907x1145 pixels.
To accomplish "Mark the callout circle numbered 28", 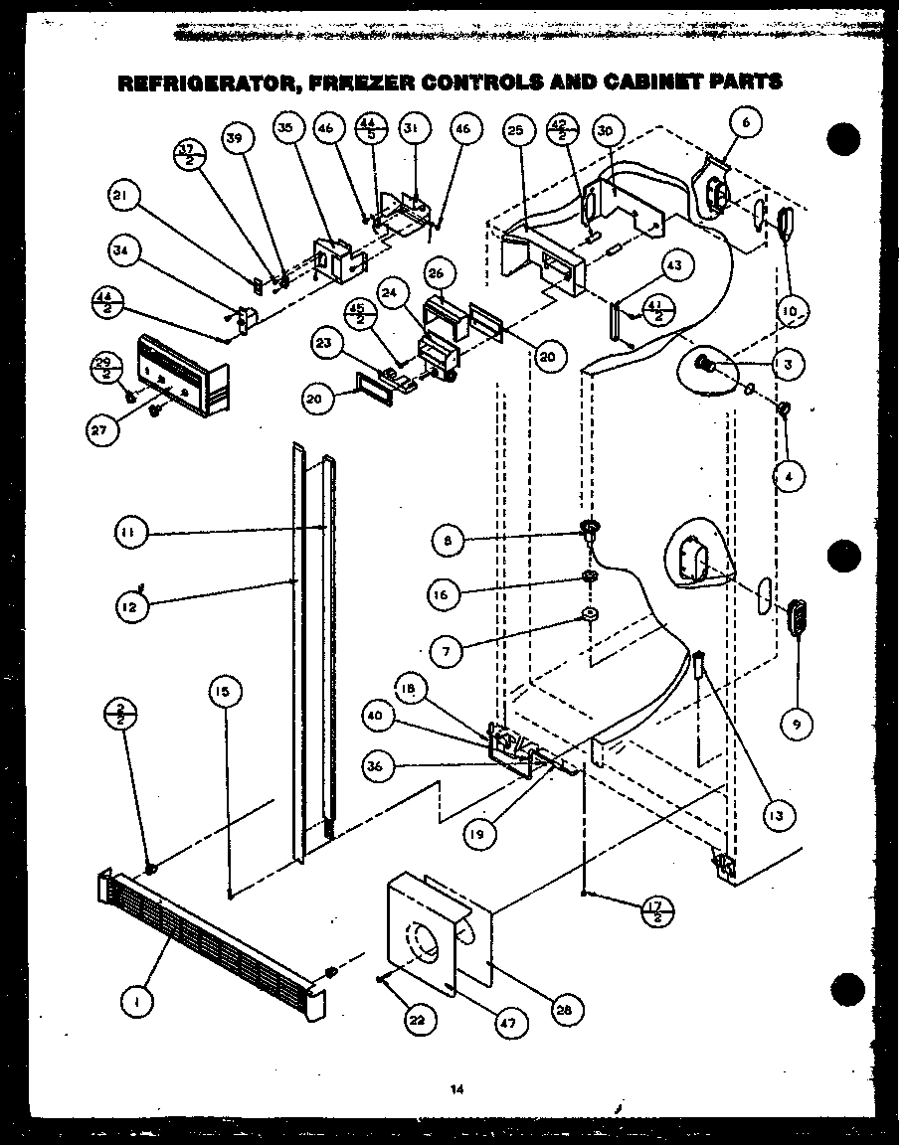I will pyautogui.click(x=564, y=1010).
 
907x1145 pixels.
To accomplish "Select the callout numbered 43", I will pyautogui.click(x=675, y=265).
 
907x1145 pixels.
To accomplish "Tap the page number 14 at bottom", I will pyautogui.click(x=456, y=1089).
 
